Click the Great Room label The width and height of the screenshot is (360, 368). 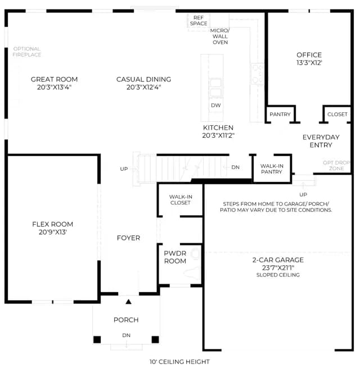pos(54,79)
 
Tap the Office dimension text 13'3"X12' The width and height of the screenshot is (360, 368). pos(309,63)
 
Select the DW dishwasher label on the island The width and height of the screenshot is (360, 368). pos(215,106)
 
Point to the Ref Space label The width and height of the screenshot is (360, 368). pos(199,21)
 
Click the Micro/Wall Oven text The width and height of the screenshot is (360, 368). pos(220,37)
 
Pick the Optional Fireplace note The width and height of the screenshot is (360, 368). pos(26,52)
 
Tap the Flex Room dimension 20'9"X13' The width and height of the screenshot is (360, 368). pos(53,232)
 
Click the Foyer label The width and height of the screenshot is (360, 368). pos(128,238)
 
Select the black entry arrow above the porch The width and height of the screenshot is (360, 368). pos(128,302)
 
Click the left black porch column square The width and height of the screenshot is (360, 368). pos(97,339)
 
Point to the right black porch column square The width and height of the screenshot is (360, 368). pos(155,339)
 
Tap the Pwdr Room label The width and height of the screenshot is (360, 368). pos(175,257)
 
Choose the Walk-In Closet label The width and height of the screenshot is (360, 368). pos(181,199)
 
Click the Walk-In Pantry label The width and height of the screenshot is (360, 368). pos(272,169)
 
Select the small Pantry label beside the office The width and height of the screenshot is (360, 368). pos(280,114)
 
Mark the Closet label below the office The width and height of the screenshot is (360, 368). pos(337,114)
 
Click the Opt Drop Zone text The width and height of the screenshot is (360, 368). pos(336,165)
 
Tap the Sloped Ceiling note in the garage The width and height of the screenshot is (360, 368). pos(278,275)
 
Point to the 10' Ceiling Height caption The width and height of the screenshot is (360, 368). pos(179,362)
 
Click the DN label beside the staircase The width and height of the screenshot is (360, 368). pos(235,167)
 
